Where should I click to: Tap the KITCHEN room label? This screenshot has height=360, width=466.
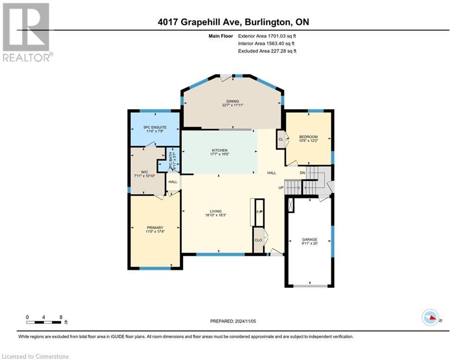[219, 150]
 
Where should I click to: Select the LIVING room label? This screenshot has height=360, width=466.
[215, 211]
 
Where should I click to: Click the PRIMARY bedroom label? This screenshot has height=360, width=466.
[155, 228]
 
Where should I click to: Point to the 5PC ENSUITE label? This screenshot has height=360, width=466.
[155, 127]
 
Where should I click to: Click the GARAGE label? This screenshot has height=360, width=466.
[309, 240]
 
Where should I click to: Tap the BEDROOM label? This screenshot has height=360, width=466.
[308, 137]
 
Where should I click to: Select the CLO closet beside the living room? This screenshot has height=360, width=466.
[258, 240]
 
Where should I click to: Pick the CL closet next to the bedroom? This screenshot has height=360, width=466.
[281, 139]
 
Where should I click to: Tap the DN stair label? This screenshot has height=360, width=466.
[303, 172]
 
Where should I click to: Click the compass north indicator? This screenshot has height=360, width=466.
[430, 318]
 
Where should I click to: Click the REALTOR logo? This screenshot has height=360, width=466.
[27, 32]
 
